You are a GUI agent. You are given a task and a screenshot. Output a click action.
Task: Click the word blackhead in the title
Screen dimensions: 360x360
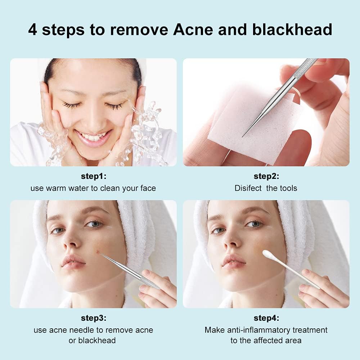[x=292, y=30]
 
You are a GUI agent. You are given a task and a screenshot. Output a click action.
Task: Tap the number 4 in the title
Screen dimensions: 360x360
[x=32, y=30]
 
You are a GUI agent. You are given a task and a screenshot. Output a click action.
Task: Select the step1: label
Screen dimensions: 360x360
[x=93, y=176]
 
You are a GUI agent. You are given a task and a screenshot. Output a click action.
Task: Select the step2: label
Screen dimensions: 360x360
[x=266, y=176]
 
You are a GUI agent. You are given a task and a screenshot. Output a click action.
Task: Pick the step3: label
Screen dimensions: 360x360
[x=93, y=318]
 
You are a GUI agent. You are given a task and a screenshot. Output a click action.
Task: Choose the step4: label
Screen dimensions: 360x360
[x=266, y=318]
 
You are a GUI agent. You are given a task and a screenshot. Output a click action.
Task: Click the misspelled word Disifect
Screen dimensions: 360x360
[x=248, y=188]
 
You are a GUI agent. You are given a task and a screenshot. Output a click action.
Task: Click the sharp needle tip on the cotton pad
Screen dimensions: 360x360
[x=243, y=136]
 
